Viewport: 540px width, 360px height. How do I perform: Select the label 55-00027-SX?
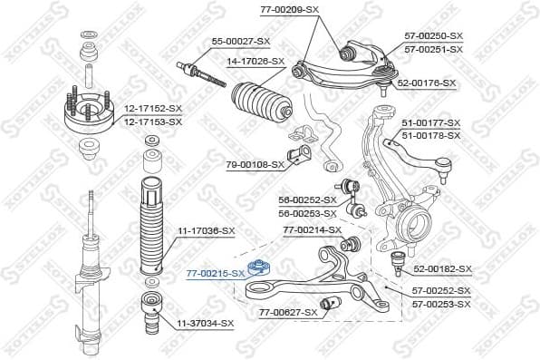pos(241,42)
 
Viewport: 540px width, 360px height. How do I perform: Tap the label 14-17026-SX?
pos(256,63)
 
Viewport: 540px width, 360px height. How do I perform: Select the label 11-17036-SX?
pos(206,232)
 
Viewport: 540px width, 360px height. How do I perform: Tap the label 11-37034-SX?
pos(205,323)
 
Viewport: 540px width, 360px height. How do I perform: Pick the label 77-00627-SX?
pos(288,313)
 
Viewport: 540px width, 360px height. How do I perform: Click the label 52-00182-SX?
pos(443,269)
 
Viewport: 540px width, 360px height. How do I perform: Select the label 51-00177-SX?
pos(431,122)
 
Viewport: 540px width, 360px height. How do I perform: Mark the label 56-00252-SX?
pos(306,199)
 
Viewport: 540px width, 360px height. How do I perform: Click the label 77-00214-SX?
pos(312,230)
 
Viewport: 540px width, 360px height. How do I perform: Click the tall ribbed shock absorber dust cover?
pos(150,227)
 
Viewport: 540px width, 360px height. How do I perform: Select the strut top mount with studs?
pos(89,113)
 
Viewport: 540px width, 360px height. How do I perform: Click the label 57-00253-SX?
pos(441,304)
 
